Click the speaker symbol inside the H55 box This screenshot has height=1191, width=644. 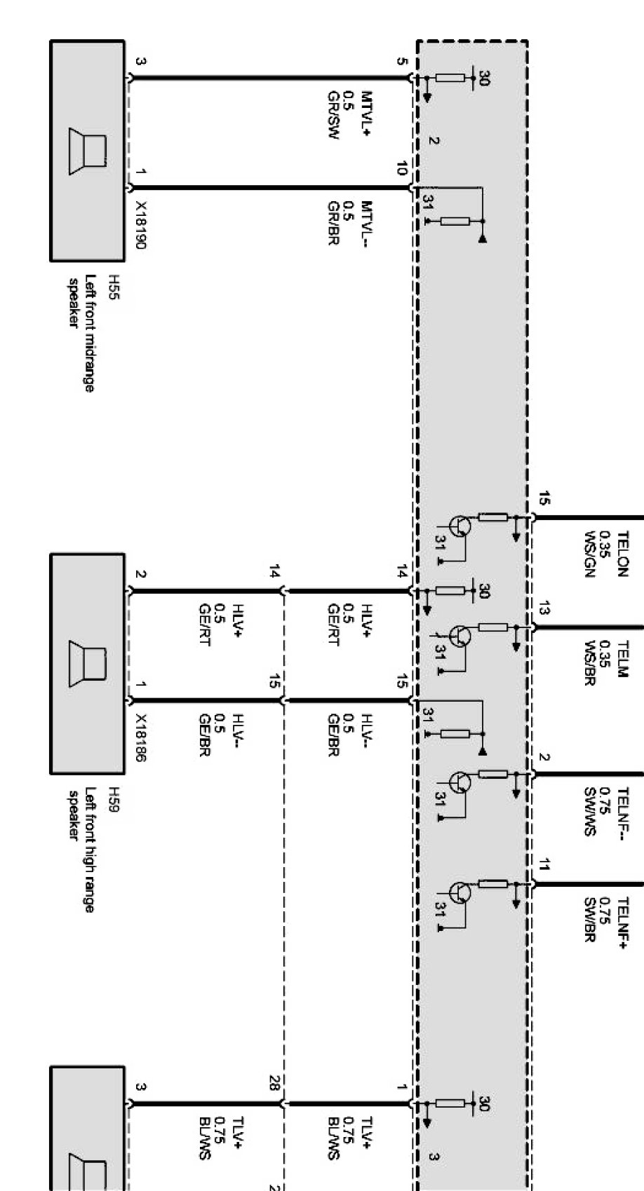(87, 151)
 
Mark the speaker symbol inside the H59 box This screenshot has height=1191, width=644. (87, 665)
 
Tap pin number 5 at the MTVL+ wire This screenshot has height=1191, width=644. (401, 61)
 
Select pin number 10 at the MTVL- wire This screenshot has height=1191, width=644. (401, 168)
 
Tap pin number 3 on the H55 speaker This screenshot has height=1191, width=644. (140, 62)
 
